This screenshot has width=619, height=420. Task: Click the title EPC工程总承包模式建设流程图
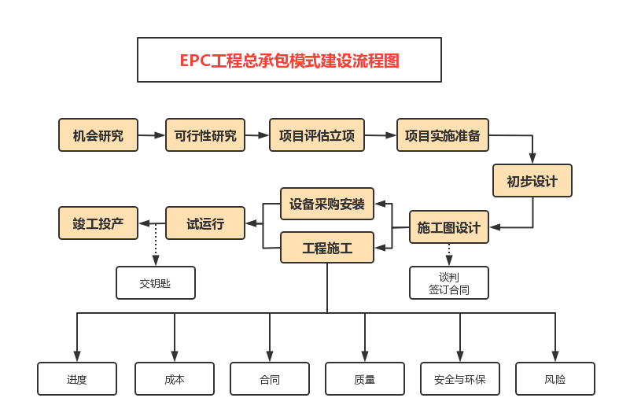289,60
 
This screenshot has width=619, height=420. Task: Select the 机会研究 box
98,135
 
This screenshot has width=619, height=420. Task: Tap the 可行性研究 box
205,135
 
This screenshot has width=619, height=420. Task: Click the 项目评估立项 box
317,135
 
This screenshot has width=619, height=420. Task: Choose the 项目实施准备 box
443,135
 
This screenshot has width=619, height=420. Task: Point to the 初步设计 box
532,181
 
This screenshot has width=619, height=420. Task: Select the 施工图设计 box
449,227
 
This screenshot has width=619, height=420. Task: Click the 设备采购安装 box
327,204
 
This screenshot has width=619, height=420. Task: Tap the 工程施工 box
327,249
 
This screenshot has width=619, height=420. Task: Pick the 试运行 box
205,223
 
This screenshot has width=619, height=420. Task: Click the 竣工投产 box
98,223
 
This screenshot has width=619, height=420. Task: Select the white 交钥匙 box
156,283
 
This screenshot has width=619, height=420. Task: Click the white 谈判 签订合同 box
449,283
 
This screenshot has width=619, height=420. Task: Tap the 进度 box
77,379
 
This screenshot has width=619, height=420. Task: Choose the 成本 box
175,379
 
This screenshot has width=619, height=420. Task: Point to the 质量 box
365,379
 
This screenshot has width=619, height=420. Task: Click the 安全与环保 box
460,379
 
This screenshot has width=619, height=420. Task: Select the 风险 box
555,379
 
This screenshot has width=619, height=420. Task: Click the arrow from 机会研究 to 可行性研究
152,135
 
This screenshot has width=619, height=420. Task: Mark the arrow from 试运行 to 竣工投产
152,223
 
